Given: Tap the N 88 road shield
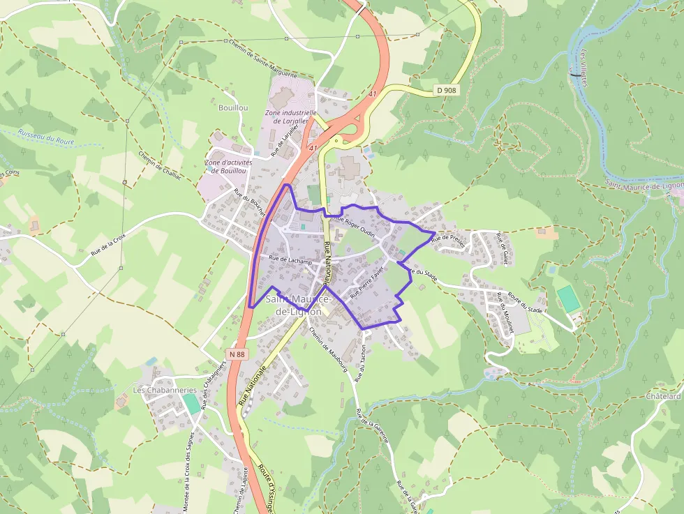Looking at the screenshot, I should [x=237, y=354].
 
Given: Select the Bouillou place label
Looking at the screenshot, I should [x=233, y=108].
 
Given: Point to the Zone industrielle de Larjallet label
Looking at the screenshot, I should [x=290, y=116].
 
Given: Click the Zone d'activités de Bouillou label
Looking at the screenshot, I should [x=228, y=167].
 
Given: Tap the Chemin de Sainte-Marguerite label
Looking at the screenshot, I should [x=263, y=59].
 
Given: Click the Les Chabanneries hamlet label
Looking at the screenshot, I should [x=165, y=391].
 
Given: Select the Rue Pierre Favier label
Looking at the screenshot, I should [x=367, y=285].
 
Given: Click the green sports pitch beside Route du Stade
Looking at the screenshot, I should [x=568, y=299].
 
